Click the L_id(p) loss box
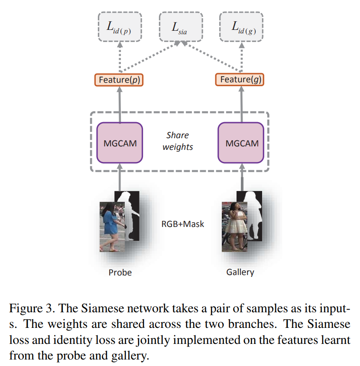(x=120, y=26)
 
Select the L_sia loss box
(x=181, y=26)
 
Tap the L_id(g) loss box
(x=241, y=26)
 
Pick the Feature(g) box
(x=241, y=79)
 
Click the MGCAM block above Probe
(x=120, y=143)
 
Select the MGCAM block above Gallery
(x=241, y=143)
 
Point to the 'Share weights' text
(x=178, y=141)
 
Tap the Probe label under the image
(x=120, y=272)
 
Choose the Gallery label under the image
(x=240, y=272)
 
